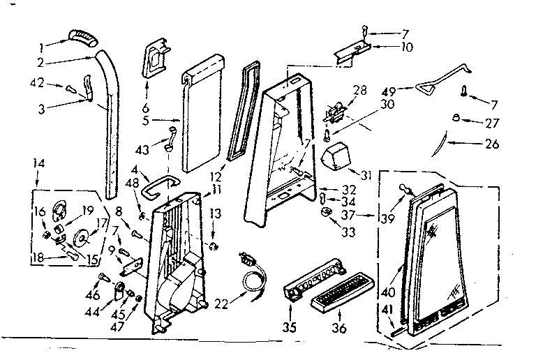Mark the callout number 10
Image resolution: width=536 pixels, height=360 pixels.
405,47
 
